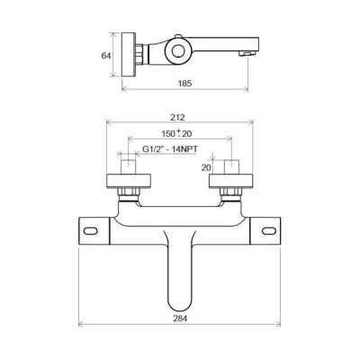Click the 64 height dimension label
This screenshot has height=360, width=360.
click(x=106, y=56)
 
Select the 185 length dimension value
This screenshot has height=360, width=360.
click(x=184, y=83)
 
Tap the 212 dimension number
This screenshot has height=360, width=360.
click(x=177, y=118)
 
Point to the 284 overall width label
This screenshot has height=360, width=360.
click(x=180, y=319)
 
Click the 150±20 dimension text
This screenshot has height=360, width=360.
click(x=176, y=133)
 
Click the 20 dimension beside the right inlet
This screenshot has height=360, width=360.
click(x=206, y=167)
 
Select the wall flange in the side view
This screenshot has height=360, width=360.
click(x=129, y=55)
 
